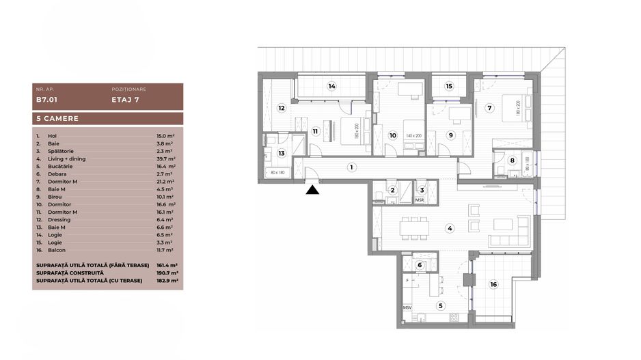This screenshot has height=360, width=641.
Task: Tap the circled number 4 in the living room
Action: pyautogui.click(x=450, y=228)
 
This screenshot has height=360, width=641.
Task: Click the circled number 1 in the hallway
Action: pyautogui.click(x=351, y=166)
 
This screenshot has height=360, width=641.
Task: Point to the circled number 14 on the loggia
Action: pyautogui.click(x=331, y=87)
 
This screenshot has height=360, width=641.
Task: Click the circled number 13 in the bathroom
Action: pyautogui.click(x=281, y=154)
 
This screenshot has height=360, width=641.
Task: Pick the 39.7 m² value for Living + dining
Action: pyautogui.click(x=166, y=158)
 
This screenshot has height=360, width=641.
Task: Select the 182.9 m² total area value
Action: pyautogui.click(x=167, y=280)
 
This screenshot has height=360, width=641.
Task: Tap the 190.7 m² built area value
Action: pyautogui.click(x=167, y=273)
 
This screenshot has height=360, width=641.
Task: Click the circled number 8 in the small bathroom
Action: pyautogui.click(x=513, y=161)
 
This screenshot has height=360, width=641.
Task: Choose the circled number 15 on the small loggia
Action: pyautogui.click(x=449, y=87)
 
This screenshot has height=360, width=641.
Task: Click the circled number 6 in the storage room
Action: pyautogui.click(x=419, y=265)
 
